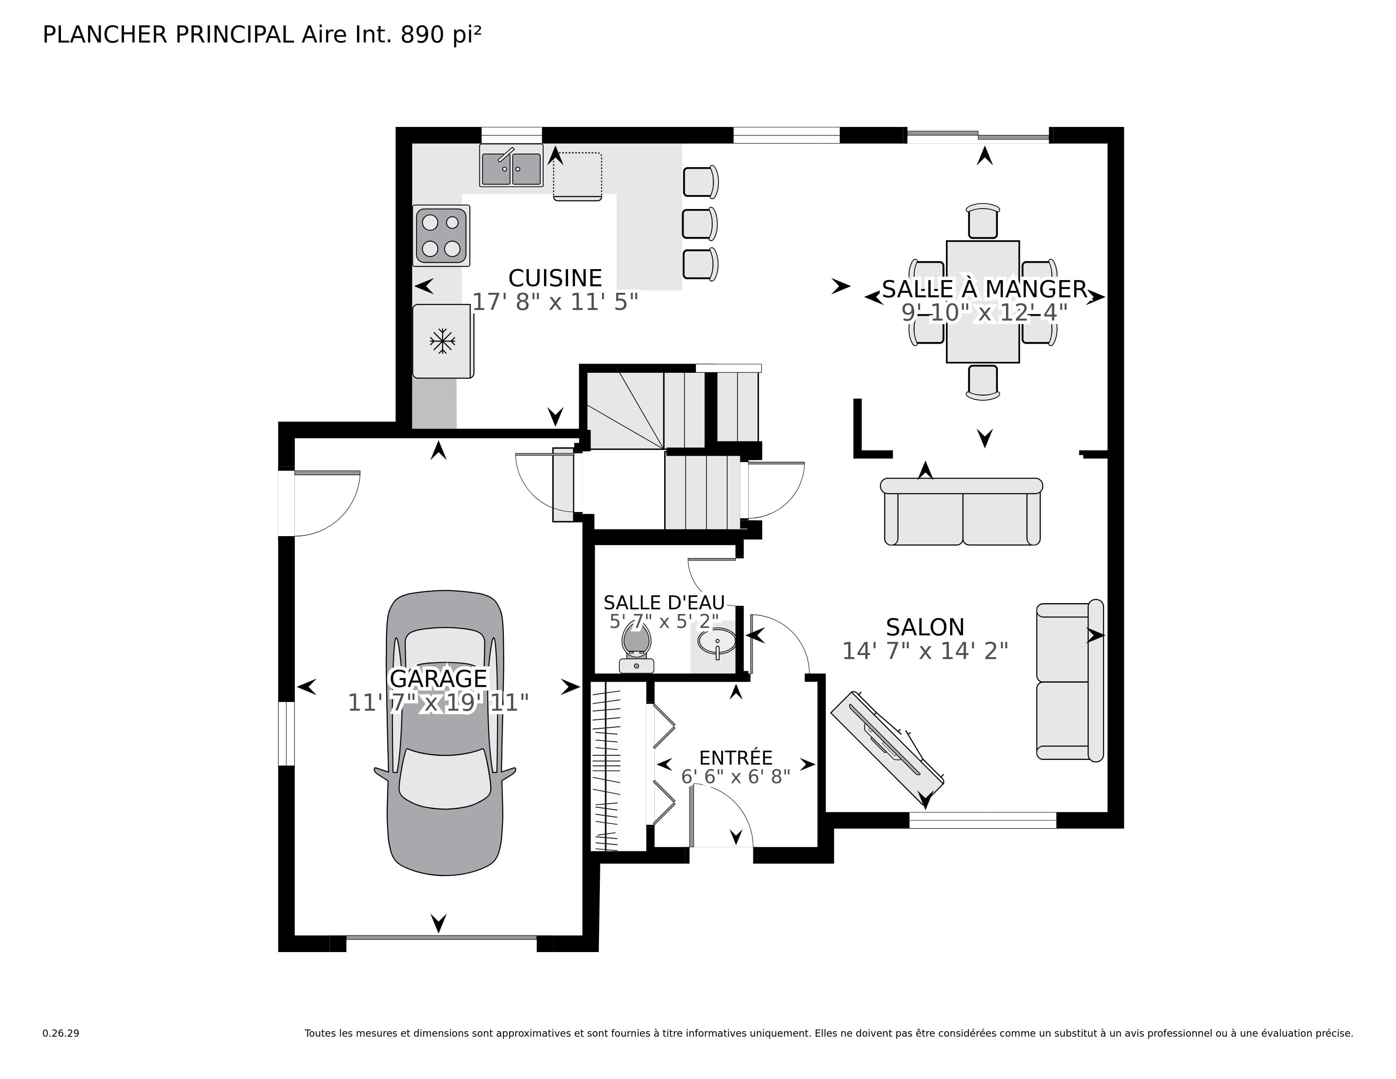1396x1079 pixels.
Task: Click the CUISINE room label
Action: [x=555, y=278]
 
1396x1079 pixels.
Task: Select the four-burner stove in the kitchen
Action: [x=441, y=235]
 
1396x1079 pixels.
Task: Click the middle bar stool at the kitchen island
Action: [x=699, y=224]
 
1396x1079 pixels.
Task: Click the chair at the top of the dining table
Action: [x=982, y=221]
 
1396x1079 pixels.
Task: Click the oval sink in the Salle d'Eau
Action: [x=716, y=641]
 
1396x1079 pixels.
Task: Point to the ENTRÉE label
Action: [x=736, y=758]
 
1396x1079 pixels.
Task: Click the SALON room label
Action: [x=925, y=627]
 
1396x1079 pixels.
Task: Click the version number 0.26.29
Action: [x=61, y=1033]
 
